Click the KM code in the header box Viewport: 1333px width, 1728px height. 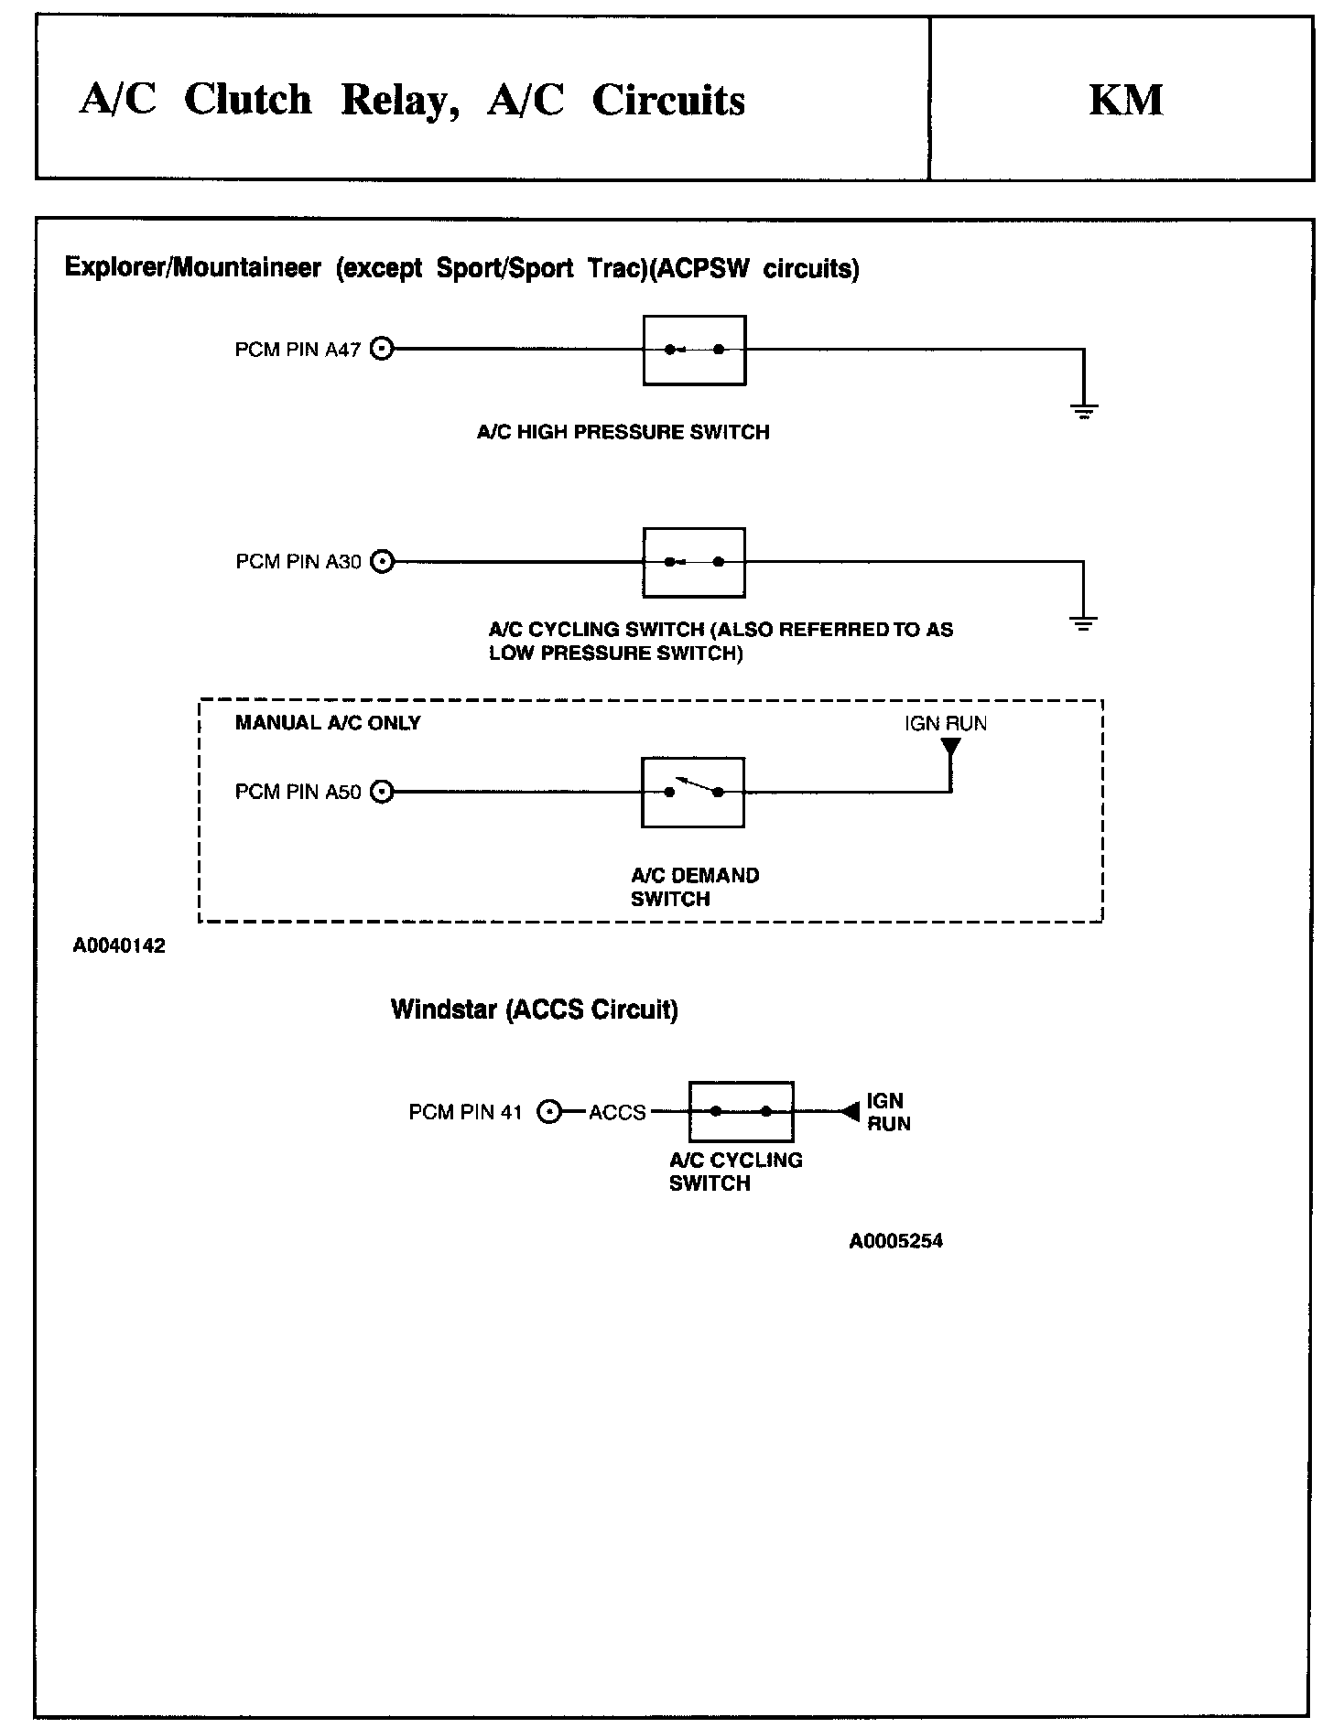(1125, 100)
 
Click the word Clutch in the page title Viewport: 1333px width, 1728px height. (247, 100)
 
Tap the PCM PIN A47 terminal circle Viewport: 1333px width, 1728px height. (383, 349)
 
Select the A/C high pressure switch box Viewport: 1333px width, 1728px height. (694, 350)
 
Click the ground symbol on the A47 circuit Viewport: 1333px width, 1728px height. (1083, 411)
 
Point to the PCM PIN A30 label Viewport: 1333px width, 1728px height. (298, 562)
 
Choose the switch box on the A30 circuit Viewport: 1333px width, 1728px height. (694, 562)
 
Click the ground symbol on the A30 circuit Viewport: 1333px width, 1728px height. (1083, 624)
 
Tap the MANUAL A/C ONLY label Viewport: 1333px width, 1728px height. (328, 723)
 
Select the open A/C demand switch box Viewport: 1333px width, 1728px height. (693, 792)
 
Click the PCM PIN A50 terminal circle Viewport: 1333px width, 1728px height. (383, 792)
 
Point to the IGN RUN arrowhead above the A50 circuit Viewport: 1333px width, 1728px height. (951, 748)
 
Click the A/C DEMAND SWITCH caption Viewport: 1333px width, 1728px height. (695, 887)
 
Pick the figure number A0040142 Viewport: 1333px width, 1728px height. (119, 946)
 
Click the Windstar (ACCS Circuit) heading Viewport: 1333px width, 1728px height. (535, 1010)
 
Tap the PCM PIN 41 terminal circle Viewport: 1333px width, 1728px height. (548, 1112)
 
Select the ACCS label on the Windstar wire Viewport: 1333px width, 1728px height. (617, 1113)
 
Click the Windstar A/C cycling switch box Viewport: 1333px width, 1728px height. (741, 1112)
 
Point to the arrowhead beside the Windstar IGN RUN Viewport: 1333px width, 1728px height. (850, 1112)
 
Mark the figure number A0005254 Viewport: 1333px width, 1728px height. (895, 1241)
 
